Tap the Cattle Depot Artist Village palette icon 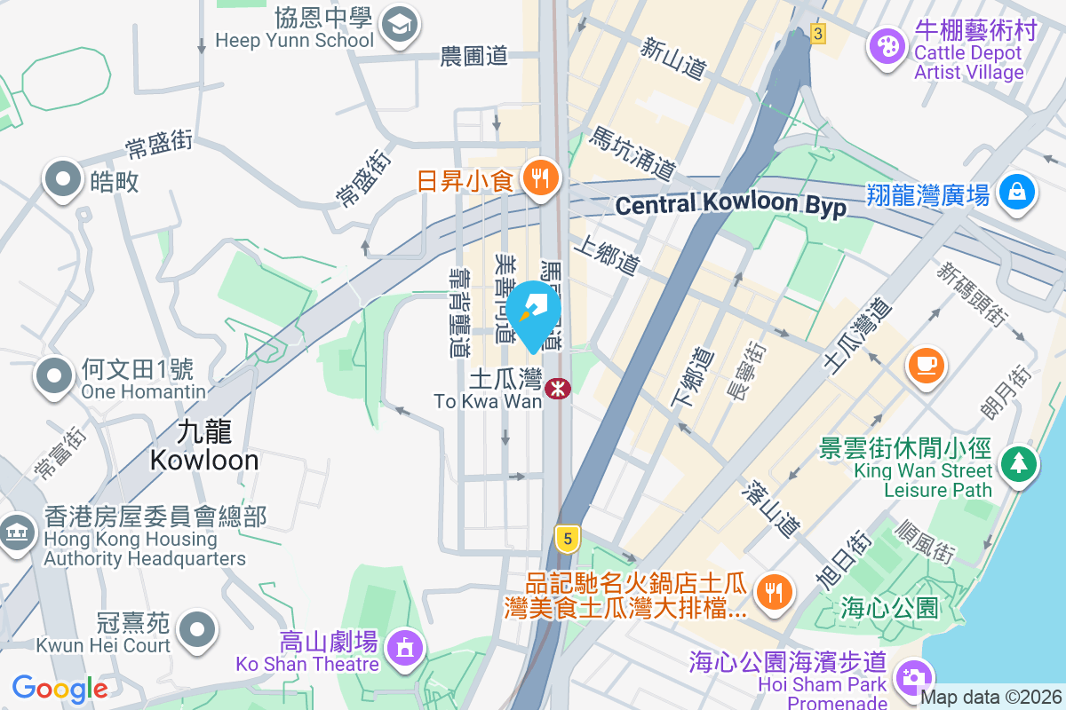pyautogui.click(x=886, y=43)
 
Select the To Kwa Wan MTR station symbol pyautogui.click(x=558, y=389)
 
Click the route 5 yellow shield pyautogui.click(x=567, y=537)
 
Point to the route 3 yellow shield pyautogui.click(x=817, y=34)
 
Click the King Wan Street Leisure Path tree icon pyautogui.click(x=1019, y=463)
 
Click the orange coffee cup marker pyautogui.click(x=926, y=365)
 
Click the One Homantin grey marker pyautogui.click(x=54, y=376)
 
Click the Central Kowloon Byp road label pyautogui.click(x=730, y=205)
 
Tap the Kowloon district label pyautogui.click(x=204, y=446)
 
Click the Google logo pyautogui.click(x=60, y=688)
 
